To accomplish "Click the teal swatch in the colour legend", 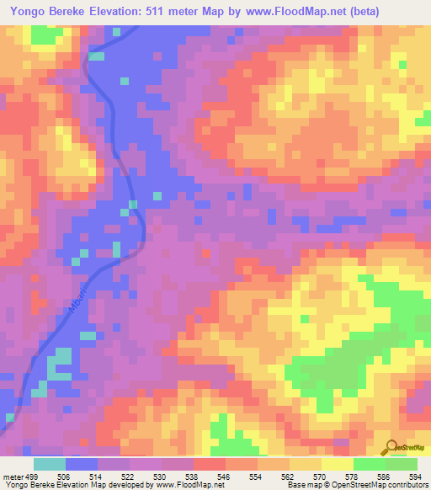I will (x=49, y=464).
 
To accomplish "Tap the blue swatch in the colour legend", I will (x=82, y=464).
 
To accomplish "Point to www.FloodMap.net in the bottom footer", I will (x=183, y=484).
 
